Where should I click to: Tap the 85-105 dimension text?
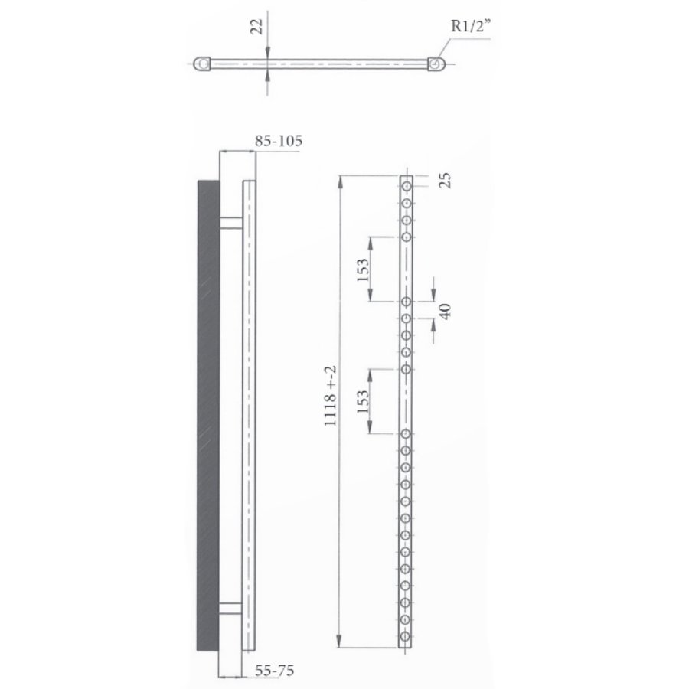coord(279,141)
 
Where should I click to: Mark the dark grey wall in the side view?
coord(208,413)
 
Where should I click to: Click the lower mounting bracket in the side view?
coord(230,608)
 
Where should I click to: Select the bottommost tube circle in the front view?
coord(407,635)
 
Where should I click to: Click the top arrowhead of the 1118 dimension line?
coord(341,179)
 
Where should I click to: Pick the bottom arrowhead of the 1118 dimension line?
coord(341,642)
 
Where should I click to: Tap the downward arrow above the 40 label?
coord(433,296)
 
